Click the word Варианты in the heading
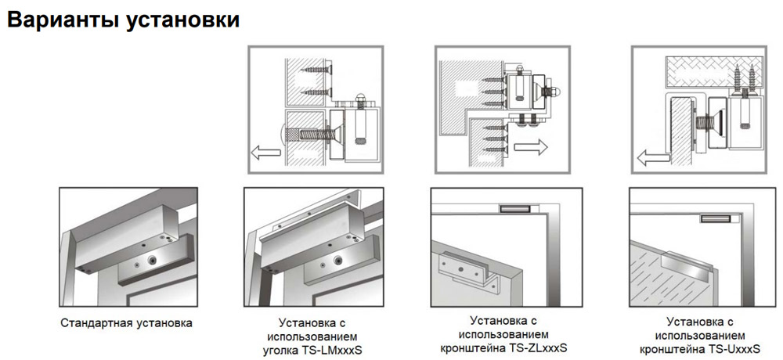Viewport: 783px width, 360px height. (x=62, y=20)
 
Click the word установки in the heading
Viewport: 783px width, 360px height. (x=182, y=20)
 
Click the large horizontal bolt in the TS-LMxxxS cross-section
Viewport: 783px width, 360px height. (x=308, y=134)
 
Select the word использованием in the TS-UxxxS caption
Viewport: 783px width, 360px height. (x=700, y=334)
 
